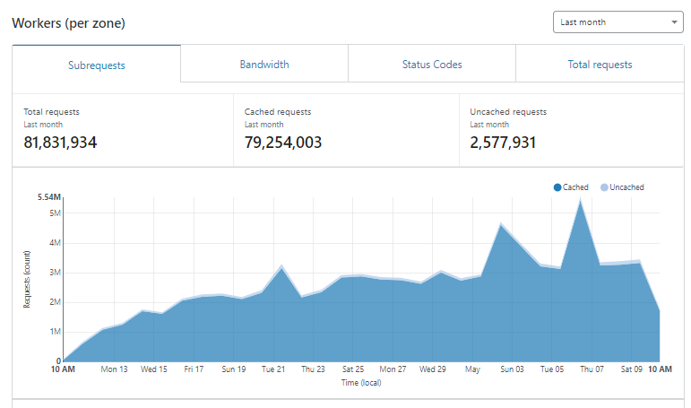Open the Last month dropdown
pos(618,22)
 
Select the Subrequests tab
pos(97,65)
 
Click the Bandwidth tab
pos(264,65)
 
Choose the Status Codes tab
pos(432,65)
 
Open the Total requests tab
pos(600,65)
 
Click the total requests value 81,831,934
pos(60,143)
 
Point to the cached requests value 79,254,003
pos(283,143)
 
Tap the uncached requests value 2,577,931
pos(503,143)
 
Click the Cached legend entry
pos(571,187)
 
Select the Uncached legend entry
pos(622,187)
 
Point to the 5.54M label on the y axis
pos(49,197)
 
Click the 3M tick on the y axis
pos(55,273)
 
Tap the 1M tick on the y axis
pos(55,332)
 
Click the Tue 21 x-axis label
pos(273,369)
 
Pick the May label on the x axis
pos(472,369)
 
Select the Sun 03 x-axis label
pos(512,369)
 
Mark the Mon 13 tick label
pos(114,369)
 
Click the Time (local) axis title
pos(361,382)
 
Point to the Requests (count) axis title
pos(27,279)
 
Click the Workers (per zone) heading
pos(68,23)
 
